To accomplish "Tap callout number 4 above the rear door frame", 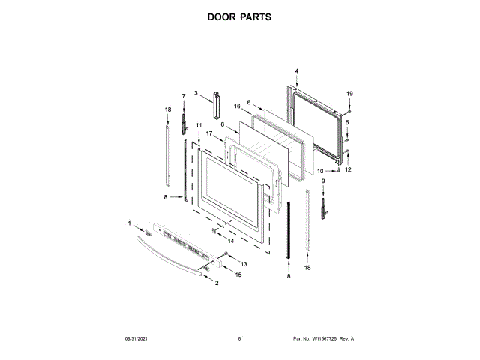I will coord(296,71).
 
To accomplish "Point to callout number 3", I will coord(196,93).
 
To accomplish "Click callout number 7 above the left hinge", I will coord(183,96).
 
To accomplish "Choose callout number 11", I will coord(199,125).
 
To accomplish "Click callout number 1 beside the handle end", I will coord(129,223).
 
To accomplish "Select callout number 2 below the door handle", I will coord(217,283).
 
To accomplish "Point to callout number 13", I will coord(244,264).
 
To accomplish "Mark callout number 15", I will coord(239,275).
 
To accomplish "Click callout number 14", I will coord(231,241).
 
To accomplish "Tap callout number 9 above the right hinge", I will coord(323,181).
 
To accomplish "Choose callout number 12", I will coord(347,169).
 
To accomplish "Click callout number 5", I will coord(347,122).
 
